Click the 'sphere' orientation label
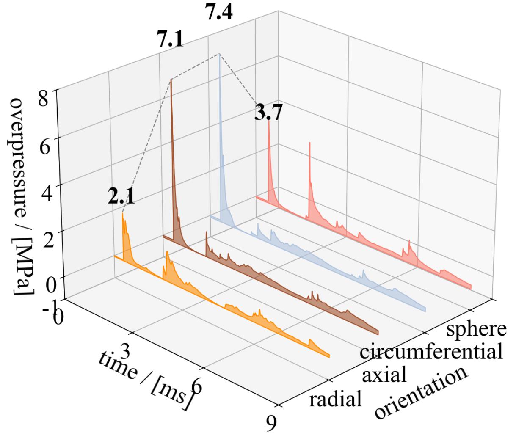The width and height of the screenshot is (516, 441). click(476, 329)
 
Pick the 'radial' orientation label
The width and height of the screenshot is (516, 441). click(336, 399)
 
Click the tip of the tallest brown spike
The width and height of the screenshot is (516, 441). click(171, 79)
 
